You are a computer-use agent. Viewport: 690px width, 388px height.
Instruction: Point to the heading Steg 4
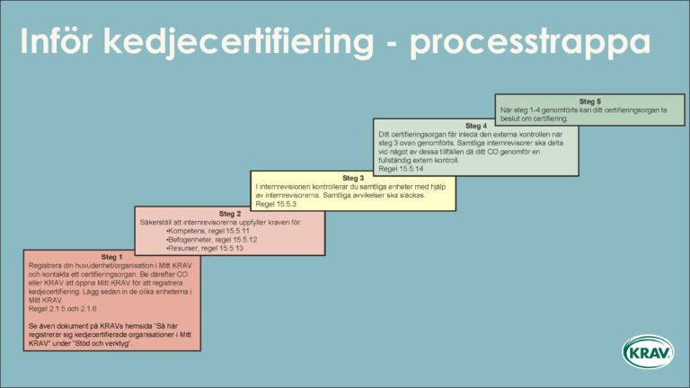coord(476,126)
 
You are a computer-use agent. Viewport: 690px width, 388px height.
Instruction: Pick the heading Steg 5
coord(589,101)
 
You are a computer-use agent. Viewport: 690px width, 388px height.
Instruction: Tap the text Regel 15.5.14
coord(402,168)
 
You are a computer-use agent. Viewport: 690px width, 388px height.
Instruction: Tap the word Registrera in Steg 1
coord(45,267)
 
